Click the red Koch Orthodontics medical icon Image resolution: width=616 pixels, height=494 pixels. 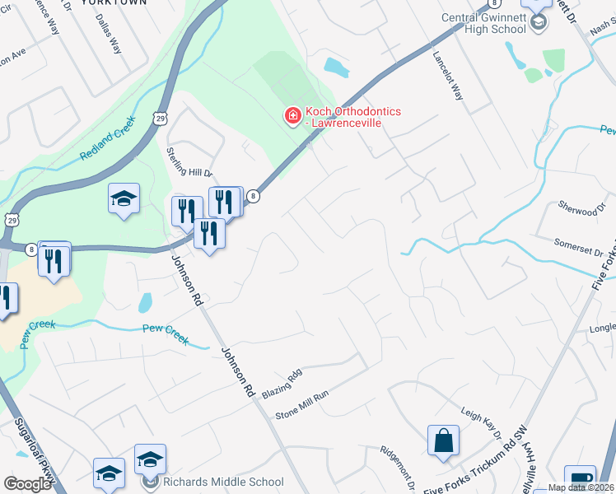coord(292,116)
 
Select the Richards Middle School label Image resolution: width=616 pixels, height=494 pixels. coord(223,482)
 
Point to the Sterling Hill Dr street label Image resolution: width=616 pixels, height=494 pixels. coord(190,162)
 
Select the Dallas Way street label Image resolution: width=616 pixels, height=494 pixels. coord(108,34)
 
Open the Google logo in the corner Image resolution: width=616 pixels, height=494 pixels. coord(27,483)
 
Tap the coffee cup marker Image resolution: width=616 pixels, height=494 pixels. coord(580,478)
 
